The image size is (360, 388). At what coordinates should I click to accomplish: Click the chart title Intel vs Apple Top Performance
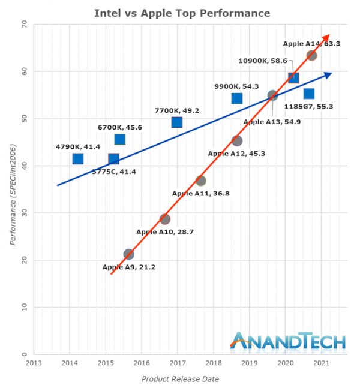point(182,13)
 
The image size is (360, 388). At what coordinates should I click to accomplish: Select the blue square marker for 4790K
point(77,159)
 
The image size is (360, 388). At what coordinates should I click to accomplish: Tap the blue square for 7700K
point(177,122)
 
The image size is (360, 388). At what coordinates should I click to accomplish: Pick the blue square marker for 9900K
point(237,98)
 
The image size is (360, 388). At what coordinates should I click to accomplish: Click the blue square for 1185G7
point(309,94)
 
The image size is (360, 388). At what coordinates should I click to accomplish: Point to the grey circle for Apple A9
point(128,254)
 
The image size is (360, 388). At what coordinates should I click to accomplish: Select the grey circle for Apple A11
point(201,181)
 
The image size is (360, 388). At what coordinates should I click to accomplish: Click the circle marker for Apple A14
point(311,55)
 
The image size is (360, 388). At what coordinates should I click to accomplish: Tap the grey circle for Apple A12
point(237,141)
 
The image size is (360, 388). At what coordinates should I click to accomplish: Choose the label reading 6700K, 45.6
point(120,127)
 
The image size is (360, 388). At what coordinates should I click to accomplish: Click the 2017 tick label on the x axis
point(178,363)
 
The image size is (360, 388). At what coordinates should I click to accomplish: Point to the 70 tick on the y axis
point(24,24)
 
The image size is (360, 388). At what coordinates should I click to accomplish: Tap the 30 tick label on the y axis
point(24,213)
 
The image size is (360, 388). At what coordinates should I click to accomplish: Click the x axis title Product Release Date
point(180,379)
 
